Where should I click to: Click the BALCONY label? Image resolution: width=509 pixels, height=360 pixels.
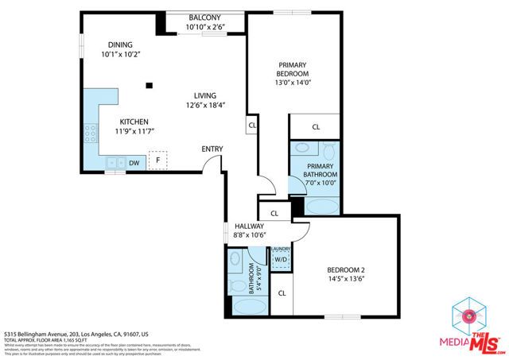click(204, 18)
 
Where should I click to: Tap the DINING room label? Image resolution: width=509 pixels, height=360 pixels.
click(116, 45)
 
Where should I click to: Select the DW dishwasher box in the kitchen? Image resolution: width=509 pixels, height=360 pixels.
click(134, 163)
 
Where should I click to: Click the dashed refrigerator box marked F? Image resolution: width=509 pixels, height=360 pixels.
click(158, 161)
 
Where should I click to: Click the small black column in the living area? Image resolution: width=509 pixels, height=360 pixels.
click(149, 86)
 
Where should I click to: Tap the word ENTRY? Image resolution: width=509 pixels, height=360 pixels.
click(212, 149)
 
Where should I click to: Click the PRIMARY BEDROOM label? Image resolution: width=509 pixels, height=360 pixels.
click(293, 70)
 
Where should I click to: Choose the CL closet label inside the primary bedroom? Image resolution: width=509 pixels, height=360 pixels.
click(315, 126)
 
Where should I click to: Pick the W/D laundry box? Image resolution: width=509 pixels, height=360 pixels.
click(281, 259)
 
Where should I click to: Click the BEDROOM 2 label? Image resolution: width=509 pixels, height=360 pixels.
click(345, 270)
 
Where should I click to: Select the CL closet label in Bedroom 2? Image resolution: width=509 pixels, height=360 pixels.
click(282, 293)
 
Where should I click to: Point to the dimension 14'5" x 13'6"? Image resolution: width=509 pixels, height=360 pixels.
click(345, 280)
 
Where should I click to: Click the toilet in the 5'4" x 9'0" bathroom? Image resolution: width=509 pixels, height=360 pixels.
click(237, 283)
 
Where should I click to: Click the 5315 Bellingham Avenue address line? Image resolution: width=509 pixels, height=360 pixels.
click(77, 334)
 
